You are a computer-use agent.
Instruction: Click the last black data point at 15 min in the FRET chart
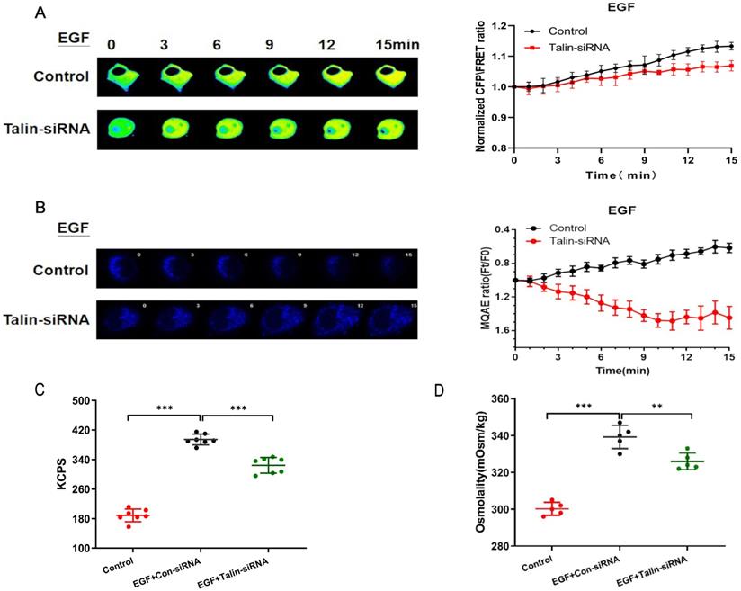coord(730,46)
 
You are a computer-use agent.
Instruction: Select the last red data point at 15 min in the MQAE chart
coord(730,318)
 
